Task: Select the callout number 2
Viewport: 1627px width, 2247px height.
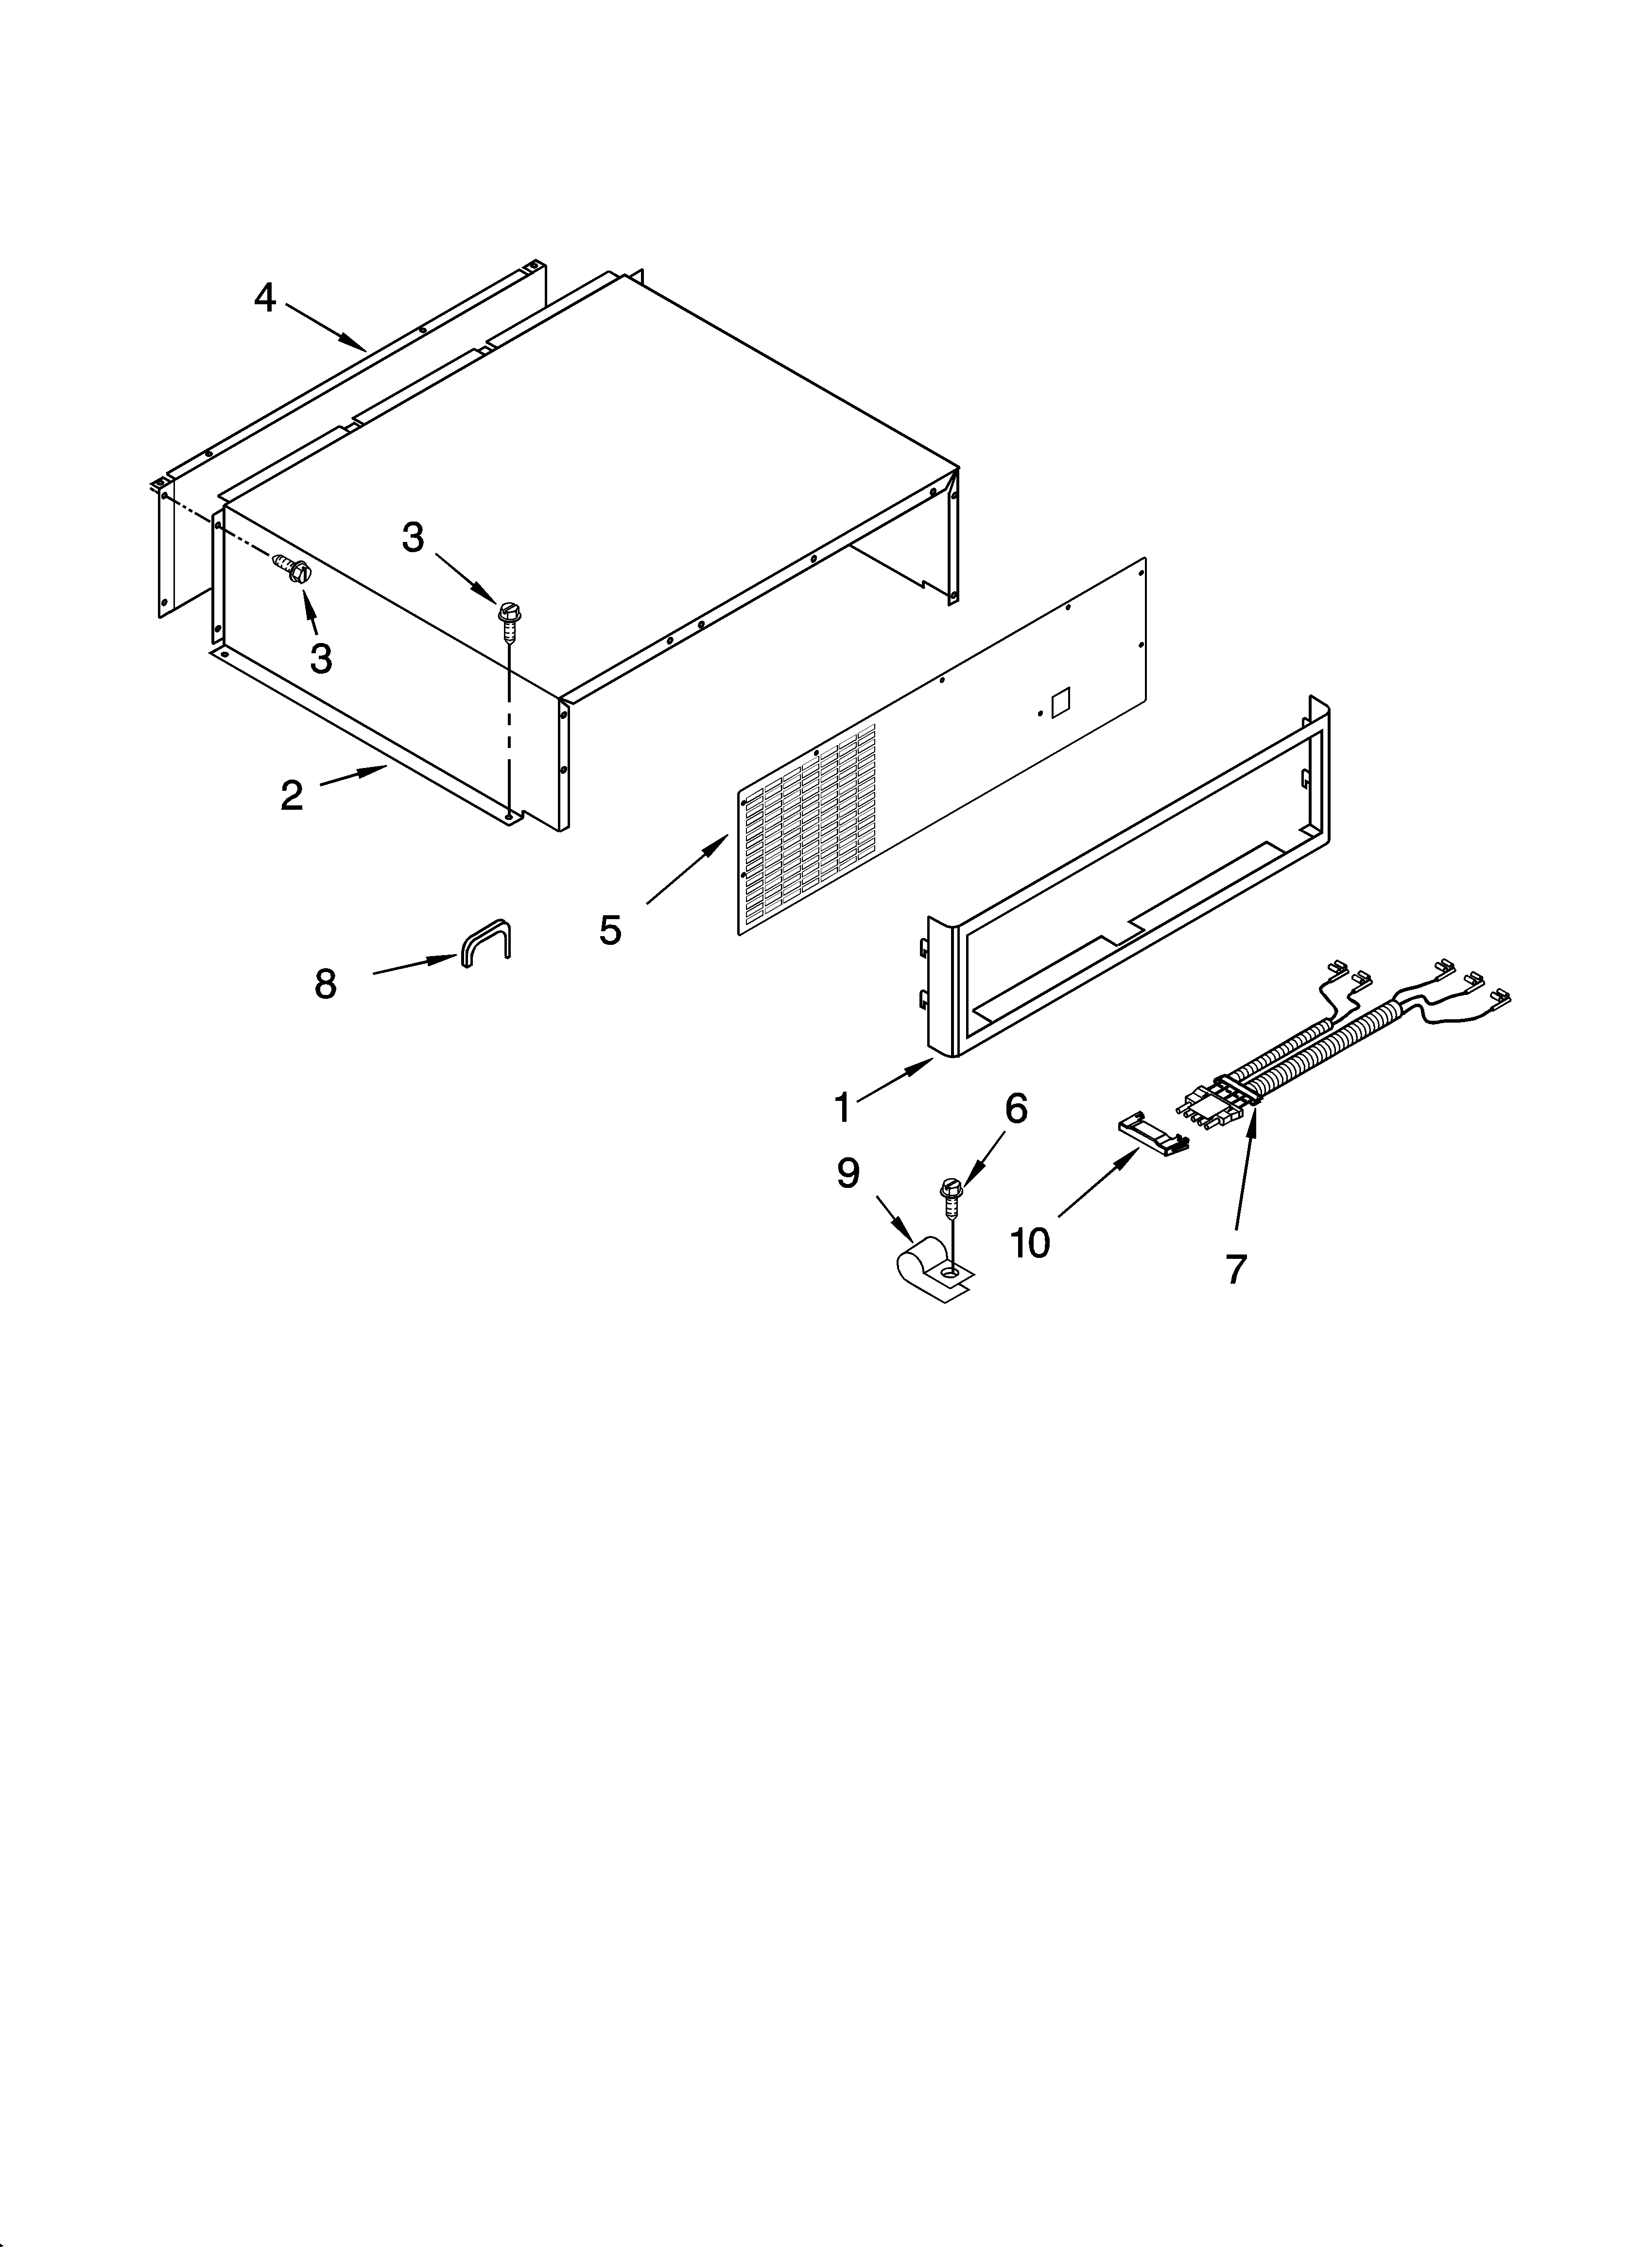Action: pos(291,795)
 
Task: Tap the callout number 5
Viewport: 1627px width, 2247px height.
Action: pos(610,929)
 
